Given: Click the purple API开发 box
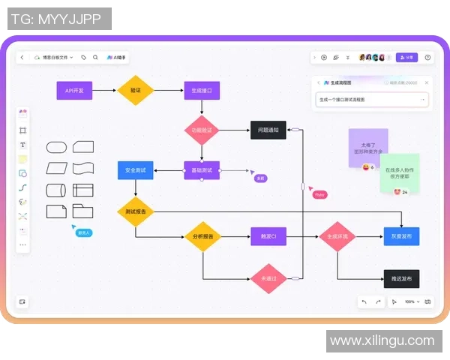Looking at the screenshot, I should [x=74, y=91].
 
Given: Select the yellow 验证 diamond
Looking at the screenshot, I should [x=136, y=91].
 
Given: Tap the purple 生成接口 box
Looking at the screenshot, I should [x=201, y=91].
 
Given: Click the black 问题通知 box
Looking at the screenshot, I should [x=268, y=130].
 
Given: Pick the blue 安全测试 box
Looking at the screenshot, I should [x=136, y=170].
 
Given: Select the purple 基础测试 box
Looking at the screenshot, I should [x=201, y=170].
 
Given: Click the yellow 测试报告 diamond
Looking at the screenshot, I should [x=136, y=211].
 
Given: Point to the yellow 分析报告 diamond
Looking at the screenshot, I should [x=202, y=237].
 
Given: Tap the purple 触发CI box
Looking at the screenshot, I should [x=268, y=237].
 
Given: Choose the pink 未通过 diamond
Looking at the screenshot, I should [x=268, y=278].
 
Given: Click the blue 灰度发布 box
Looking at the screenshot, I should [x=401, y=236].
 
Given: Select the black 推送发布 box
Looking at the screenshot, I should [x=401, y=278].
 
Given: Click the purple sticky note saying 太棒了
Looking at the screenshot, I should [x=367, y=145].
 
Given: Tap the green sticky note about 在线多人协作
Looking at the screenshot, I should [x=400, y=172].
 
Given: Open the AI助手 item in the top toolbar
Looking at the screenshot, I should [x=117, y=57].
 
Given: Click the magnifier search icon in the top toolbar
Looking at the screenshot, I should [x=95, y=57].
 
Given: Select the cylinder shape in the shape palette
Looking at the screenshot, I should [x=56, y=190].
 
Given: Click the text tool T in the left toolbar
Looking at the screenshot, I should [x=22, y=145].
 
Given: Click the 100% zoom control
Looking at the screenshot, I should [x=409, y=301].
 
